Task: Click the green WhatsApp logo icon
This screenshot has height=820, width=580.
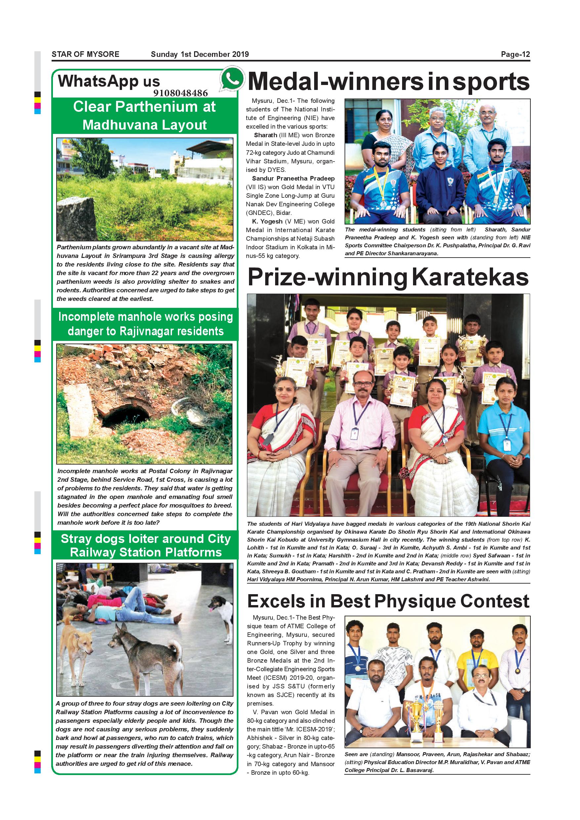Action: click(232, 79)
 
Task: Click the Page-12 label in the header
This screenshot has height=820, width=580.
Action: click(515, 54)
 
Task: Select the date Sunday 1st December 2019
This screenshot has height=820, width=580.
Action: click(200, 54)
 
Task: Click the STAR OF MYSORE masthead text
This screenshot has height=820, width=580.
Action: click(85, 54)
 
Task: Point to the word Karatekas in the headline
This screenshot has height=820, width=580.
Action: click(470, 277)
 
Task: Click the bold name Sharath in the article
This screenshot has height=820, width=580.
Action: click(265, 135)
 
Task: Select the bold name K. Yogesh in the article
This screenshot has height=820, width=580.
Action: click(267, 222)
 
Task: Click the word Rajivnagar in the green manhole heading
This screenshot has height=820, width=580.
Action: click(145, 331)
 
